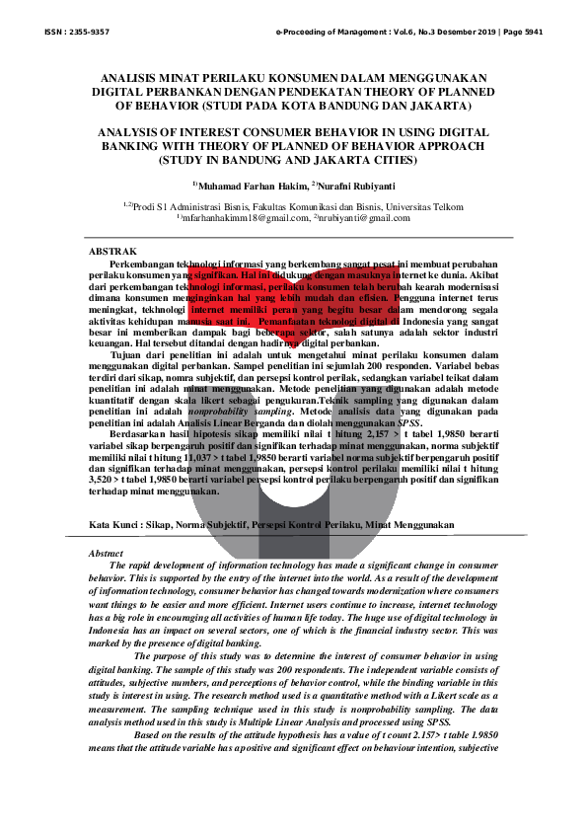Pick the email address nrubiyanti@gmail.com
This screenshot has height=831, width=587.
[x=364, y=218]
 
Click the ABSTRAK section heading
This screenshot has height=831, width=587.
[x=112, y=254]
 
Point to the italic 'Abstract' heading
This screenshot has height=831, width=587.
[x=106, y=554]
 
